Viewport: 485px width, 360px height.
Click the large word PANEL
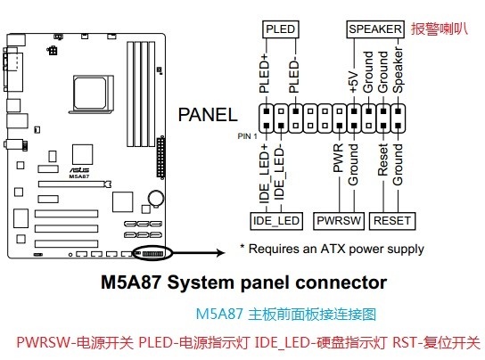[208, 115]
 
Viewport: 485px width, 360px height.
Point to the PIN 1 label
[247, 136]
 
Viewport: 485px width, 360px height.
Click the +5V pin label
[354, 82]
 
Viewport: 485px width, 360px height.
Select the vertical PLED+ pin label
[264, 73]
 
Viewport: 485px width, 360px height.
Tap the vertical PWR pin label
[338, 158]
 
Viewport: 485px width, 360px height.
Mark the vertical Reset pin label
[383, 160]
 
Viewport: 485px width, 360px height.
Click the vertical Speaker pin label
[398, 70]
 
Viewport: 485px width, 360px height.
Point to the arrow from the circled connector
[199, 253]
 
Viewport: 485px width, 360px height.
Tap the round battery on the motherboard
[156, 198]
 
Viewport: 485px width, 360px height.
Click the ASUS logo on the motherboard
[79, 170]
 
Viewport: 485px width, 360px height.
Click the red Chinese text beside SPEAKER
[440, 29]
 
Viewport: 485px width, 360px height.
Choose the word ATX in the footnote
[333, 249]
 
